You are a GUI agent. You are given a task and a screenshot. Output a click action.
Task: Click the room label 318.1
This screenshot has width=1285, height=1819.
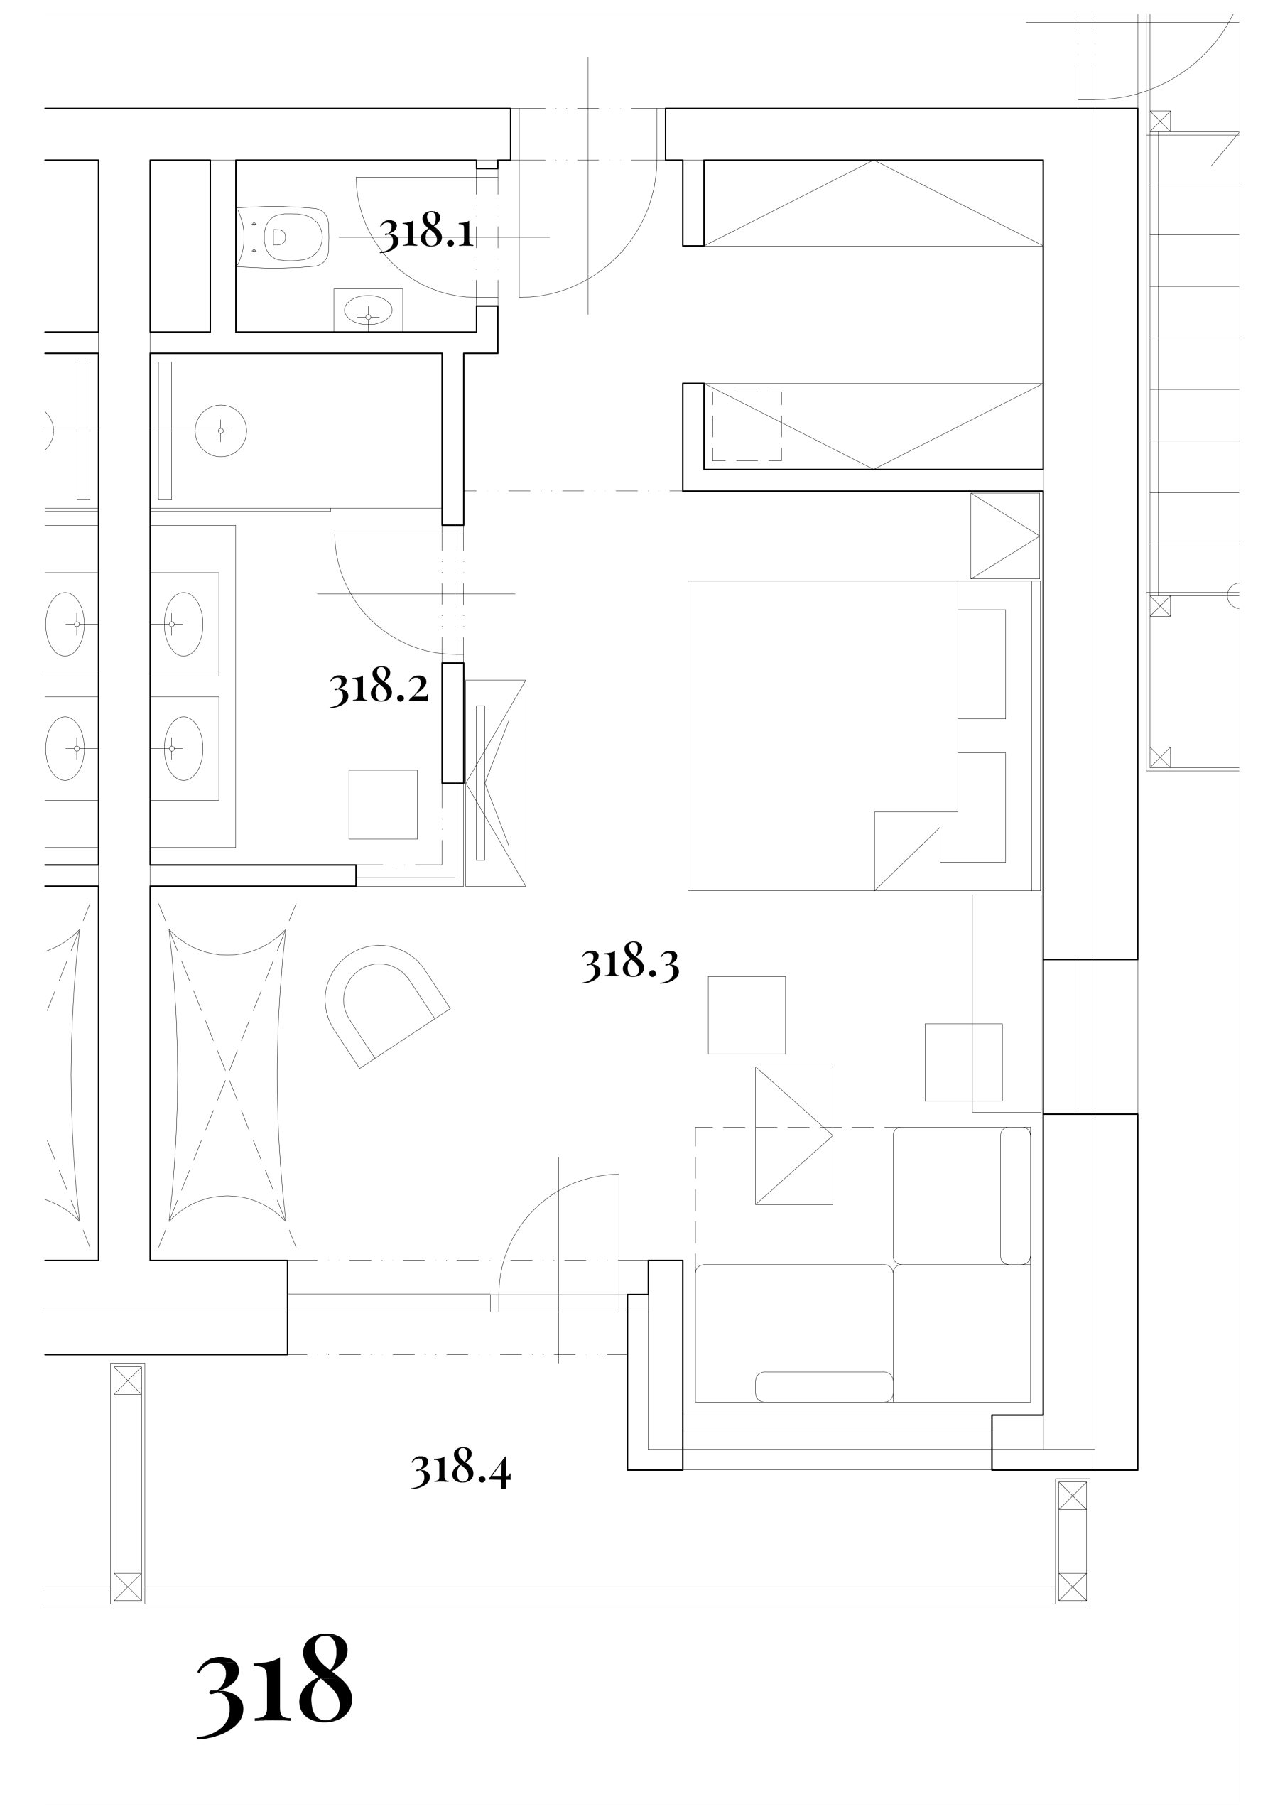click(427, 233)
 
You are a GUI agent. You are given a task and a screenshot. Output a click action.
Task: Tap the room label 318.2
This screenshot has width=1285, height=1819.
click(379, 688)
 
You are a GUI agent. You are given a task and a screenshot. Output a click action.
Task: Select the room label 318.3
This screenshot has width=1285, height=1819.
click(631, 964)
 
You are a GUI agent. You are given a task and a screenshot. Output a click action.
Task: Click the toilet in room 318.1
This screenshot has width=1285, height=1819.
click(283, 237)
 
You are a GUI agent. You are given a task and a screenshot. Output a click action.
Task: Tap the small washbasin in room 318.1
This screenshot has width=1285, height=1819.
click(369, 310)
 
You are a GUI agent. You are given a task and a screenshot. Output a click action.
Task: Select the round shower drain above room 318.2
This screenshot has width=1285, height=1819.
click(221, 431)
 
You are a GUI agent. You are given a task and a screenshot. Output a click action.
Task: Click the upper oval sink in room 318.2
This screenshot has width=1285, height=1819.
click(183, 625)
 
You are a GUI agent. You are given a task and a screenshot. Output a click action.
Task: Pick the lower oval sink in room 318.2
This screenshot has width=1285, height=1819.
click(183, 749)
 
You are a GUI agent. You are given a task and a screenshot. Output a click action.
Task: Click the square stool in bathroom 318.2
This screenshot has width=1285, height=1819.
click(384, 804)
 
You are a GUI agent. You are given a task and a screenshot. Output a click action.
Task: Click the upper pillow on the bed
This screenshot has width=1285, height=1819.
click(982, 664)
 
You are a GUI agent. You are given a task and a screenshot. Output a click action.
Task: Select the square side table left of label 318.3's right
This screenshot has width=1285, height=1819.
click(747, 1015)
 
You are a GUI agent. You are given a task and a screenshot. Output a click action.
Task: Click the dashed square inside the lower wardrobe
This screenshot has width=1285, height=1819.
click(747, 426)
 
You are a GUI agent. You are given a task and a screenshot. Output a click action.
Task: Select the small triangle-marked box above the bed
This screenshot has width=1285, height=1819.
click(1005, 536)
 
